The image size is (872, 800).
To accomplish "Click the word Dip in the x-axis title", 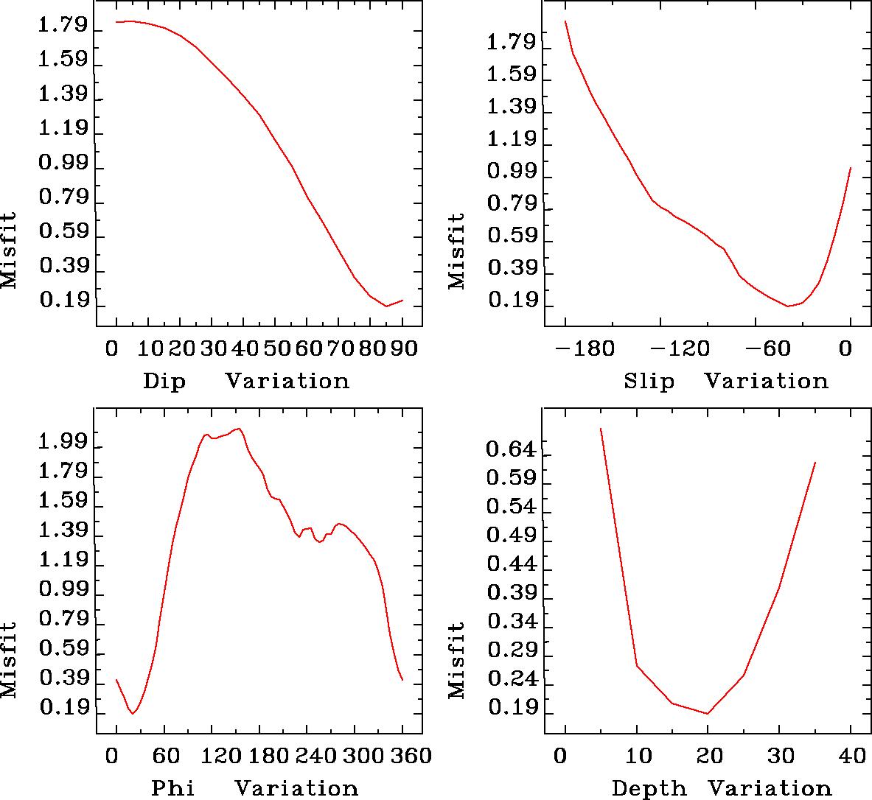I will pyautogui.click(x=164, y=382).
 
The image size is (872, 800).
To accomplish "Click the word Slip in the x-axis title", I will pyautogui.click(x=649, y=382).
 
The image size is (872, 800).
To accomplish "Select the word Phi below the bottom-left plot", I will pyautogui.click(x=173, y=788).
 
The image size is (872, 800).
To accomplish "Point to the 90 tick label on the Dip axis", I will pyautogui.click(x=402, y=347).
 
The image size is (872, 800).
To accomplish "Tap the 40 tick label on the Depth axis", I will pyautogui.click(x=850, y=756).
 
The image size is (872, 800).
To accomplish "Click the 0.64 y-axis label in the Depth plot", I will pyautogui.click(x=508, y=448).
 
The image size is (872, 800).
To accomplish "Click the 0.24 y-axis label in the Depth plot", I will pyautogui.click(x=508, y=681).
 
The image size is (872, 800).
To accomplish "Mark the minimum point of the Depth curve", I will pyautogui.click(x=708, y=713).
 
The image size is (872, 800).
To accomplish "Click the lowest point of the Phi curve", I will pyautogui.click(x=133, y=713).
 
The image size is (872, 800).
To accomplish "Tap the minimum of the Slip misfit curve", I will pyautogui.click(x=788, y=306).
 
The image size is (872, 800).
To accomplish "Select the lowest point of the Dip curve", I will pyautogui.click(x=386, y=306).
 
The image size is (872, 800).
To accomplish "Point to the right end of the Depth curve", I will pyautogui.click(x=815, y=463).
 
